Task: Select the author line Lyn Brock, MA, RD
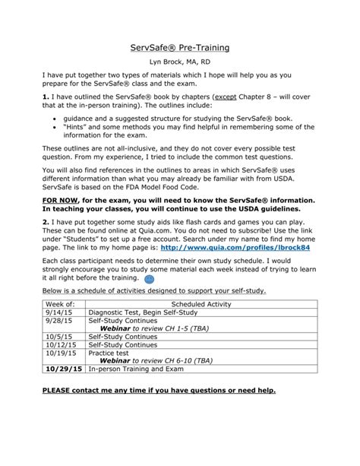[180, 68]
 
